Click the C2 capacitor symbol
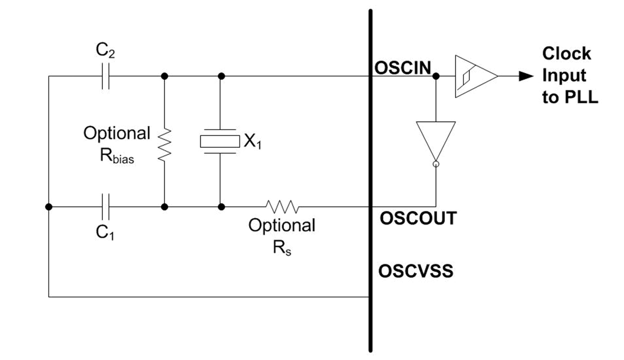(x=105, y=76)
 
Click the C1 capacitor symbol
(x=105, y=207)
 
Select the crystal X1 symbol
(x=220, y=141)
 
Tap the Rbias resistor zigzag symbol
(x=164, y=142)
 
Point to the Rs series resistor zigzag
(x=282, y=207)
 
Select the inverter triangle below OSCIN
(x=436, y=140)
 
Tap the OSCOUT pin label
(x=418, y=218)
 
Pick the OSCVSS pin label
(x=416, y=271)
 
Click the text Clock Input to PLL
(x=569, y=75)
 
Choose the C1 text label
(x=105, y=233)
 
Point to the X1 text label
(x=253, y=141)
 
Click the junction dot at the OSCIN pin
(x=436, y=76)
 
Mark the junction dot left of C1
(x=49, y=207)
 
